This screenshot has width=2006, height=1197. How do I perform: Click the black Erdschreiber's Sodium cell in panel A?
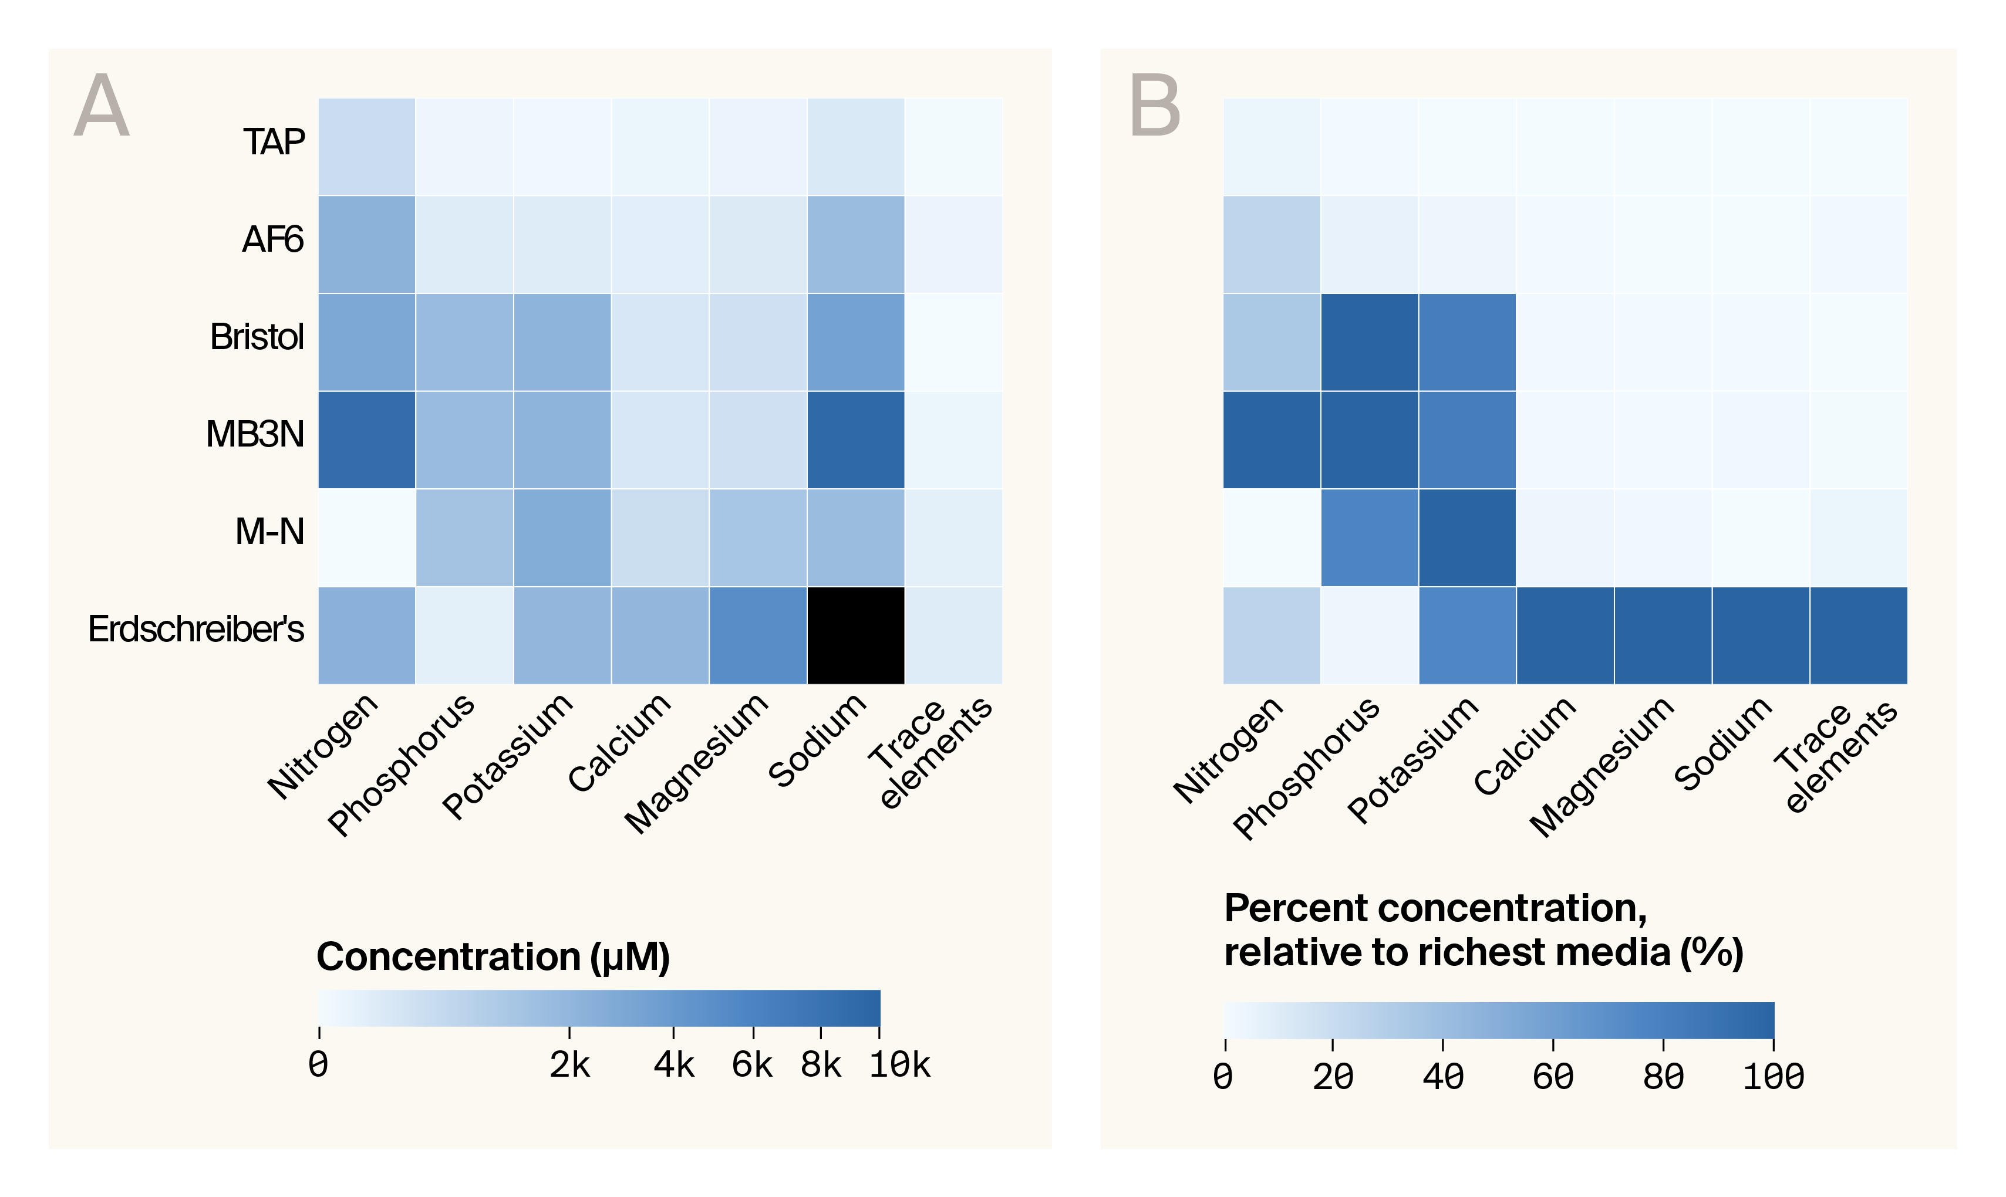[855, 635]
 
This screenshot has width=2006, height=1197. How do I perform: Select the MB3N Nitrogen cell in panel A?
[366, 439]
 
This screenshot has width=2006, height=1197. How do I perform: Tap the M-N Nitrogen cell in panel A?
[366, 537]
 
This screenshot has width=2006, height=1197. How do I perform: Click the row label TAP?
[274, 143]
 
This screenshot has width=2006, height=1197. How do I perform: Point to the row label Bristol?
[257, 337]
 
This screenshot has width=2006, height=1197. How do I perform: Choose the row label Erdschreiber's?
[196, 629]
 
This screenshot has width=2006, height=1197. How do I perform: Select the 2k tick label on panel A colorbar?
[569, 1066]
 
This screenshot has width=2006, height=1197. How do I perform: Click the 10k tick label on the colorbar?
[899, 1066]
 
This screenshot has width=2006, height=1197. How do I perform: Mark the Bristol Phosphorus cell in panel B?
[1370, 342]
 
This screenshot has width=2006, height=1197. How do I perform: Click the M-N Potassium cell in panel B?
[1467, 537]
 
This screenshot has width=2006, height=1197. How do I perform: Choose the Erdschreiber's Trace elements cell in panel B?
[1858, 635]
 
